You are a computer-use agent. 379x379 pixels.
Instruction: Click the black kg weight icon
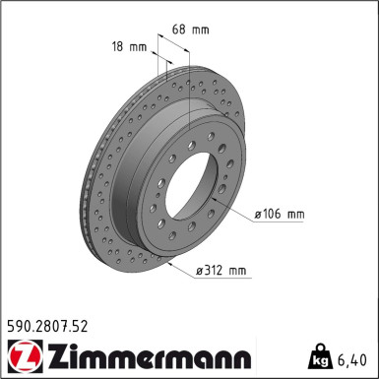[x=320, y=351]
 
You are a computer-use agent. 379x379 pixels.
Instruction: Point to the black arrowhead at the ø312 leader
[x=171, y=265]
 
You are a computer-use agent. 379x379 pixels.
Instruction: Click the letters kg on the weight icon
[x=320, y=355]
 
